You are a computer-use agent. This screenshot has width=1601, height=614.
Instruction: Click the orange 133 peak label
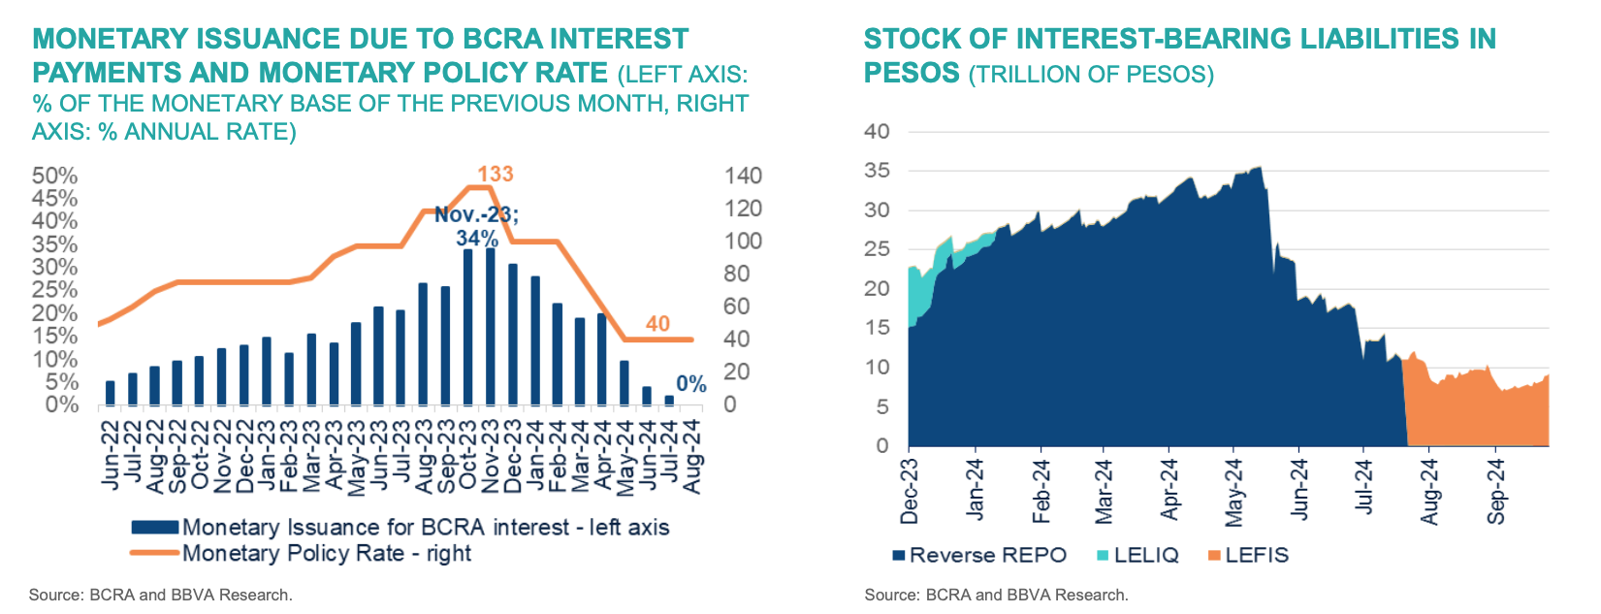496,174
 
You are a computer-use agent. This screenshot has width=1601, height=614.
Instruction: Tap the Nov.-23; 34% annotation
476,226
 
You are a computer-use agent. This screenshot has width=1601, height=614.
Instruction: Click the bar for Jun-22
110,393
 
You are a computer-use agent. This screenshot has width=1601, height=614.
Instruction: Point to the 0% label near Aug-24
691,384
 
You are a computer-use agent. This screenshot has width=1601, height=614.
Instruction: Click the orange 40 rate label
657,324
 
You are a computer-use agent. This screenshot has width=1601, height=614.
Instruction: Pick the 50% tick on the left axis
55,176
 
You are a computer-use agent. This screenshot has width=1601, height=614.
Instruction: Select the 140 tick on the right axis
743,176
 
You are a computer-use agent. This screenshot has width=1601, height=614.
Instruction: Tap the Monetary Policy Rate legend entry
327,553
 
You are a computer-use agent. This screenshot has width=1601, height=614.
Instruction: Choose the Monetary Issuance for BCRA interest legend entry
426,527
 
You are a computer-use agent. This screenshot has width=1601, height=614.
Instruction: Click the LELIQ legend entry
1146,555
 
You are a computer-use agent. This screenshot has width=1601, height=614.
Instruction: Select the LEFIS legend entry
1257,555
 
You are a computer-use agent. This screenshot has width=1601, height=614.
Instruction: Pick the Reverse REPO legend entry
987,555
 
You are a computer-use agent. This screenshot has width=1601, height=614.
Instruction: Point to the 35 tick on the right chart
877,171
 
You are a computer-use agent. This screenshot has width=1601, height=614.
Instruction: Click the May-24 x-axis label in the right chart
1234,492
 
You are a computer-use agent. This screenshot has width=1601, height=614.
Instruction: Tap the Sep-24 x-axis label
1496,491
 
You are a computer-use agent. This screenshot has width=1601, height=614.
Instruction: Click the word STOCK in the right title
907,39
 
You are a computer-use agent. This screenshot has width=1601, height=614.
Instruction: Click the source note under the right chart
996,595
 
